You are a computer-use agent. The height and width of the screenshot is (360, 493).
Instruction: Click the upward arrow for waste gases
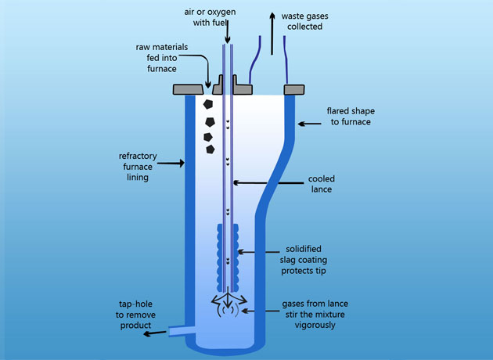(x=272, y=31)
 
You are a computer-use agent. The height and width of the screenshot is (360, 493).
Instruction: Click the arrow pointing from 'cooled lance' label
(x=257, y=183)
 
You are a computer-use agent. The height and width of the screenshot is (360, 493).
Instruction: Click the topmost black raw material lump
(x=207, y=103)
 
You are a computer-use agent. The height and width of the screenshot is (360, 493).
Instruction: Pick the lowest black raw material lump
(x=211, y=148)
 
